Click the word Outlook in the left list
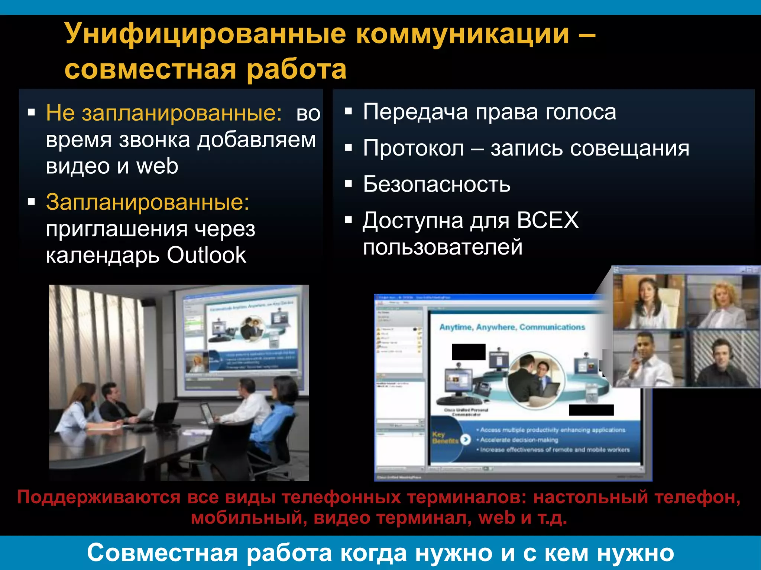[x=206, y=255]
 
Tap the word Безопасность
[x=437, y=184]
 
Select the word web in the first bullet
[x=157, y=166]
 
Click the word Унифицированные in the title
[x=205, y=34]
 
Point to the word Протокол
[x=413, y=148]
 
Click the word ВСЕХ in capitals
[x=547, y=220]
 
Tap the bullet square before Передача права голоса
[x=348, y=111]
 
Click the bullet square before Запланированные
[x=32, y=202]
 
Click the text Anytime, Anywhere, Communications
[x=512, y=327]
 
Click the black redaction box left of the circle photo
[x=468, y=352]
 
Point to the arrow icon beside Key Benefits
[x=465, y=439]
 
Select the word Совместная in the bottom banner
[x=162, y=553]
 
